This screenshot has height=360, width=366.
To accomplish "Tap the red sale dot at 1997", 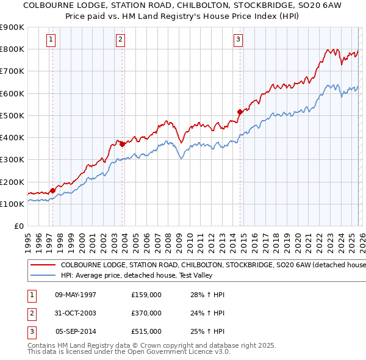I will pos(52,190).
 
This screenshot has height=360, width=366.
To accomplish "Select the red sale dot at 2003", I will pos(123,144).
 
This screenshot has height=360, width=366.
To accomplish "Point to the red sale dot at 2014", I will pos(240,112).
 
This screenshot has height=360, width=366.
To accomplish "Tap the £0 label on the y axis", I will pos(19,226).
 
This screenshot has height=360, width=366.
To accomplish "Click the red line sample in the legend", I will pos(42,265).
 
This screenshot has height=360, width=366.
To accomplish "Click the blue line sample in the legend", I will pos(42,275).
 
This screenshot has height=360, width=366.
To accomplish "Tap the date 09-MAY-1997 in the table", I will pos(76,295).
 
